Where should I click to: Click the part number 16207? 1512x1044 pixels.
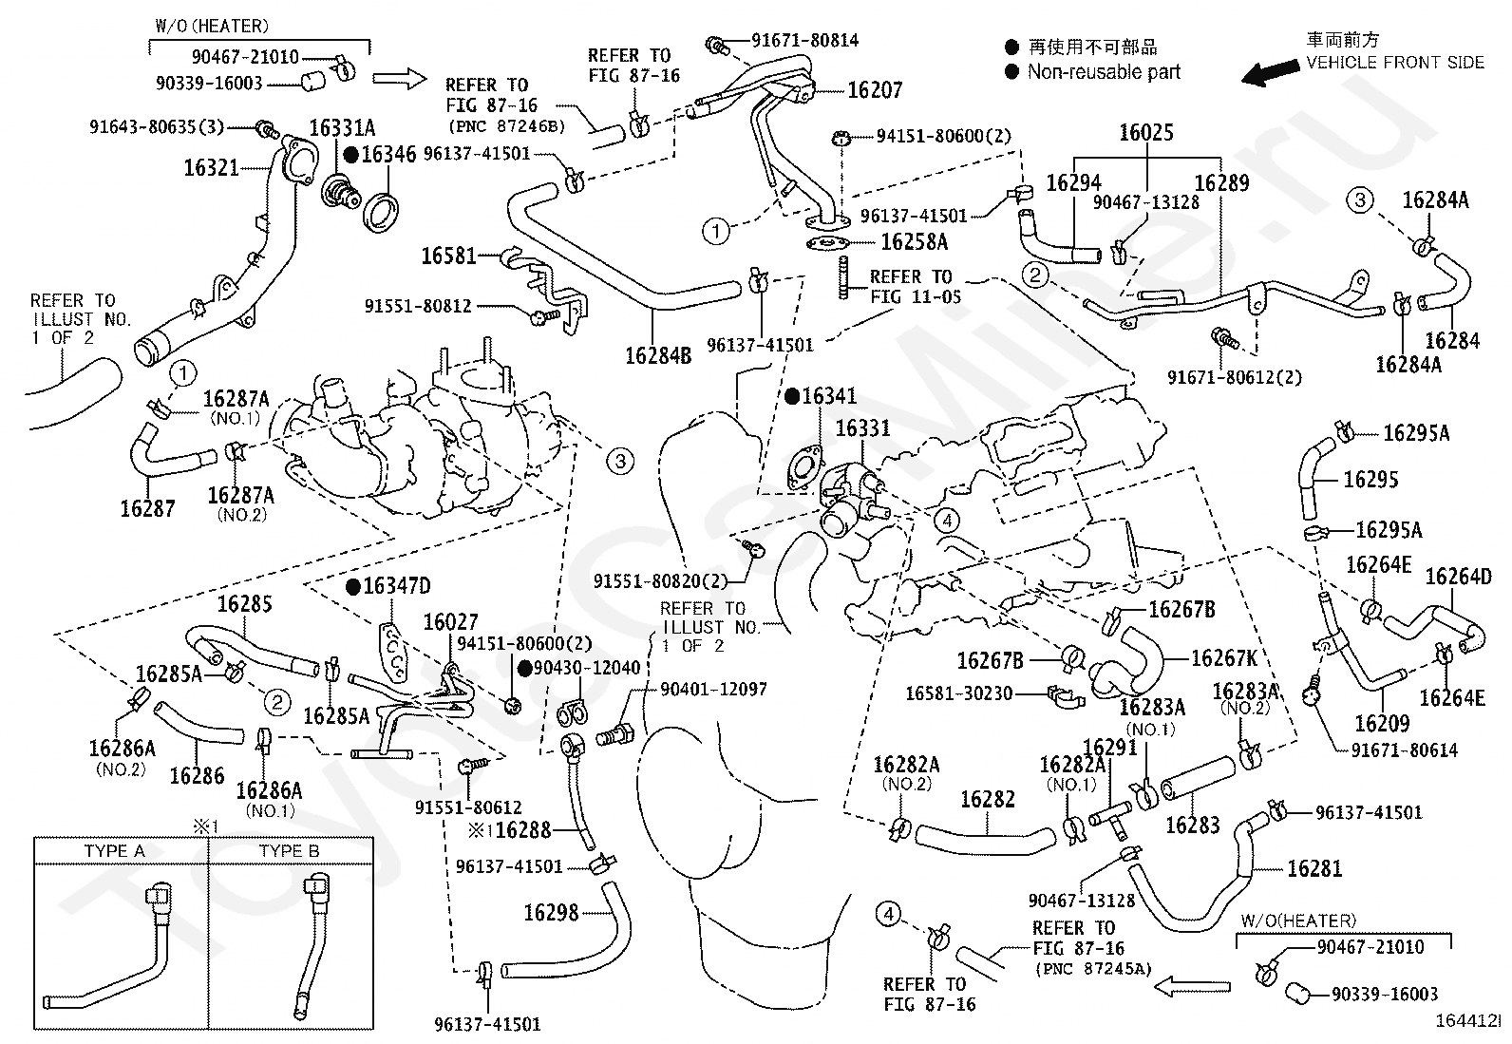(x=875, y=90)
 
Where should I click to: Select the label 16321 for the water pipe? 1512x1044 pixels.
(x=211, y=167)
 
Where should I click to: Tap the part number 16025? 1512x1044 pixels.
(x=1146, y=132)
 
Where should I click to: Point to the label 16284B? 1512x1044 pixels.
(x=658, y=355)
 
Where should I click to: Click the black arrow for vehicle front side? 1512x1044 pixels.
(x=1271, y=72)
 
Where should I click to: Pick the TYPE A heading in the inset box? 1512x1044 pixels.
(x=115, y=851)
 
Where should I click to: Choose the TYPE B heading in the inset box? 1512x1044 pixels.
(x=290, y=851)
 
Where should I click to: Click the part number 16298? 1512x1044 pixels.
(x=552, y=913)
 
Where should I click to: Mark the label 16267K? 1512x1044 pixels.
(x=1224, y=657)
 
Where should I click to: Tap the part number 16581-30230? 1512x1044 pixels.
(x=958, y=693)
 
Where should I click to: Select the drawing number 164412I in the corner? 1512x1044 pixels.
(x=1467, y=1020)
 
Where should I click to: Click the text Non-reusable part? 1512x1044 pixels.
(x=1104, y=71)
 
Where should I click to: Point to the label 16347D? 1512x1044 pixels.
(x=397, y=585)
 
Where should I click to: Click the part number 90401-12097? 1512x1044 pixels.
(x=713, y=689)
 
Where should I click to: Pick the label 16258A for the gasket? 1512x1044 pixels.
(x=915, y=241)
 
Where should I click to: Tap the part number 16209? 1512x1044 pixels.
(x=1383, y=723)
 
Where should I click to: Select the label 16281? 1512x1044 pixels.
(x=1314, y=868)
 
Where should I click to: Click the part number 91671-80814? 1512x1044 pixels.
(x=805, y=41)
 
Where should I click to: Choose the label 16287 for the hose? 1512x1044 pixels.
(x=148, y=508)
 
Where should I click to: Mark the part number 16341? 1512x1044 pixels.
(x=829, y=396)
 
